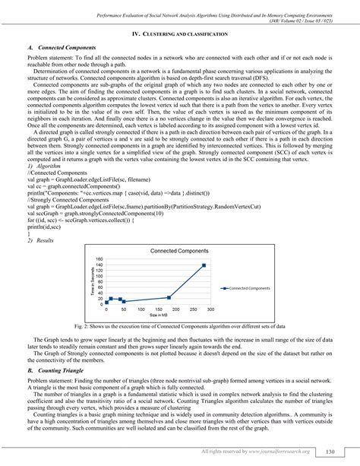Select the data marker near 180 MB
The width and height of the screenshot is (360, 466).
[x=168, y=297]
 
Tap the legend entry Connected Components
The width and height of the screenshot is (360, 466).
[x=250, y=289]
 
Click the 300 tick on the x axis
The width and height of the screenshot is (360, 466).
[x=210, y=309]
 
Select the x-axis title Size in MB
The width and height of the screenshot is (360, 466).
[x=158, y=316]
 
